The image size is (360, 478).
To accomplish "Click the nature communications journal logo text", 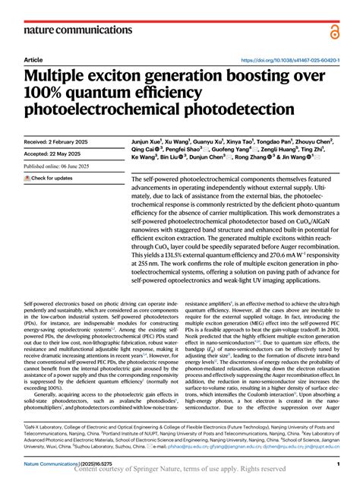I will (69, 30).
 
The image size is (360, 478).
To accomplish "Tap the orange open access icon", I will (336, 30).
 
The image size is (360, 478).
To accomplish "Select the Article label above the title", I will (33, 59).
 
